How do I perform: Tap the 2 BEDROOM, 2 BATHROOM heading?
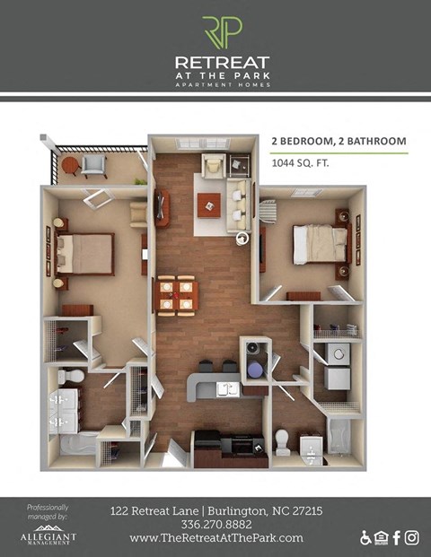point(339,141)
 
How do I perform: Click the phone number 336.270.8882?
point(215,525)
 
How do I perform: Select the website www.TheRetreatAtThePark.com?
point(215,538)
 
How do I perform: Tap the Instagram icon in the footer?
point(412,537)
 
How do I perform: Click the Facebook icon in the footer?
point(396,537)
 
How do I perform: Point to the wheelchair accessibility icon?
point(365,538)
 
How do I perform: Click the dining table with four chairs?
point(175,295)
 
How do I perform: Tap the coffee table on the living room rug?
point(209,202)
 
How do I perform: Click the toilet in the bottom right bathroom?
point(282,440)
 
